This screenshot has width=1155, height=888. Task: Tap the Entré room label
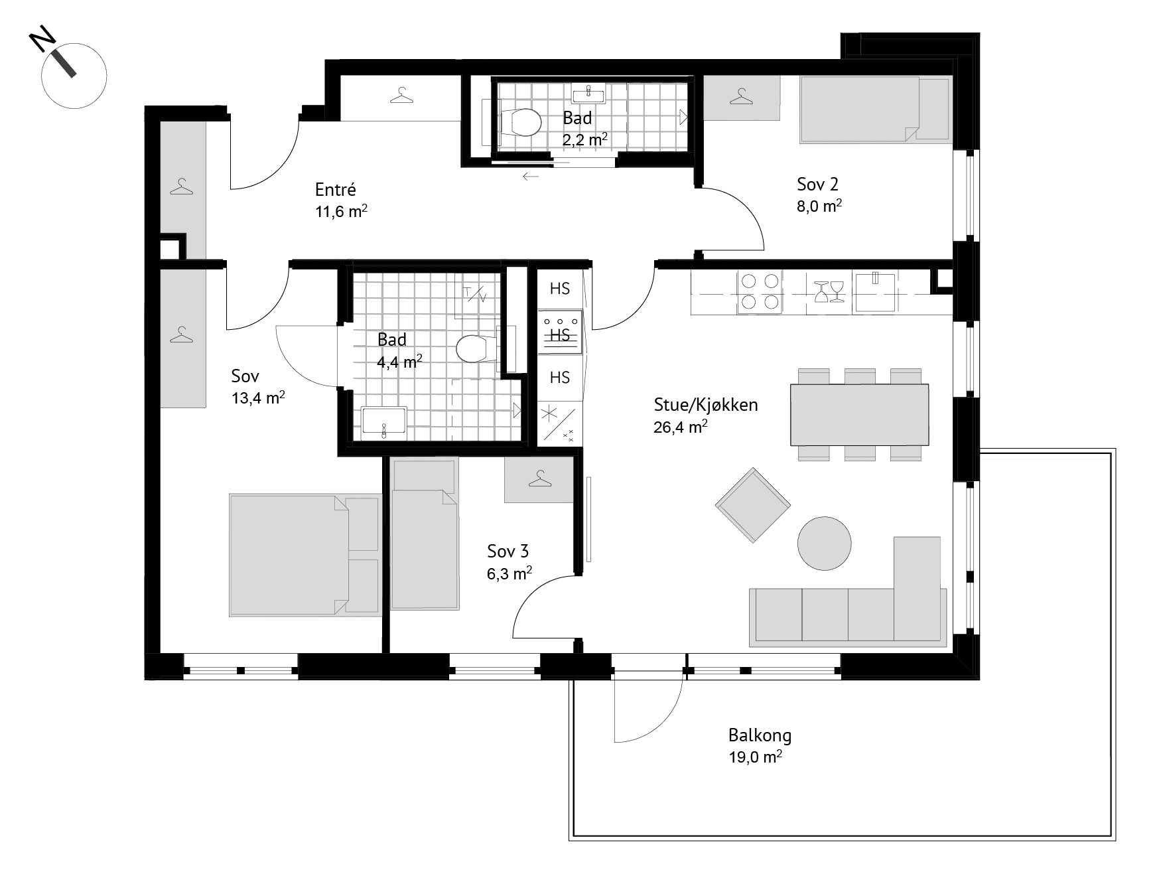point(336,190)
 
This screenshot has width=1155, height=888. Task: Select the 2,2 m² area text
point(585,139)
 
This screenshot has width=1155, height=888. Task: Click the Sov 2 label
point(818,184)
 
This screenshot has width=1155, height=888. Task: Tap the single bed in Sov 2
point(875,110)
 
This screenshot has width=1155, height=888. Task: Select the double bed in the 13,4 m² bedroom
point(305,554)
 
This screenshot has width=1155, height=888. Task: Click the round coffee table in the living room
point(824,543)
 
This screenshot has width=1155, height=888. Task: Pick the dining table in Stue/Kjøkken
point(859,414)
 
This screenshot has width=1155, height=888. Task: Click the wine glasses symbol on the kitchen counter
point(828,291)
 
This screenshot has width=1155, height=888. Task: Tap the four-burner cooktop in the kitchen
point(760,291)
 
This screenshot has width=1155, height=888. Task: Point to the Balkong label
point(760,735)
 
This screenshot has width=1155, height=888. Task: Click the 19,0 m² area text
point(755,757)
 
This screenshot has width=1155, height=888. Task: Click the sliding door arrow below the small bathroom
point(531,177)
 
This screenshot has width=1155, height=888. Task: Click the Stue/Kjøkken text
point(706,405)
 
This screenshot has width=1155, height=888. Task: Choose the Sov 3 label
point(508,551)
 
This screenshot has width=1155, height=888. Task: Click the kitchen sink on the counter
point(875,291)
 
